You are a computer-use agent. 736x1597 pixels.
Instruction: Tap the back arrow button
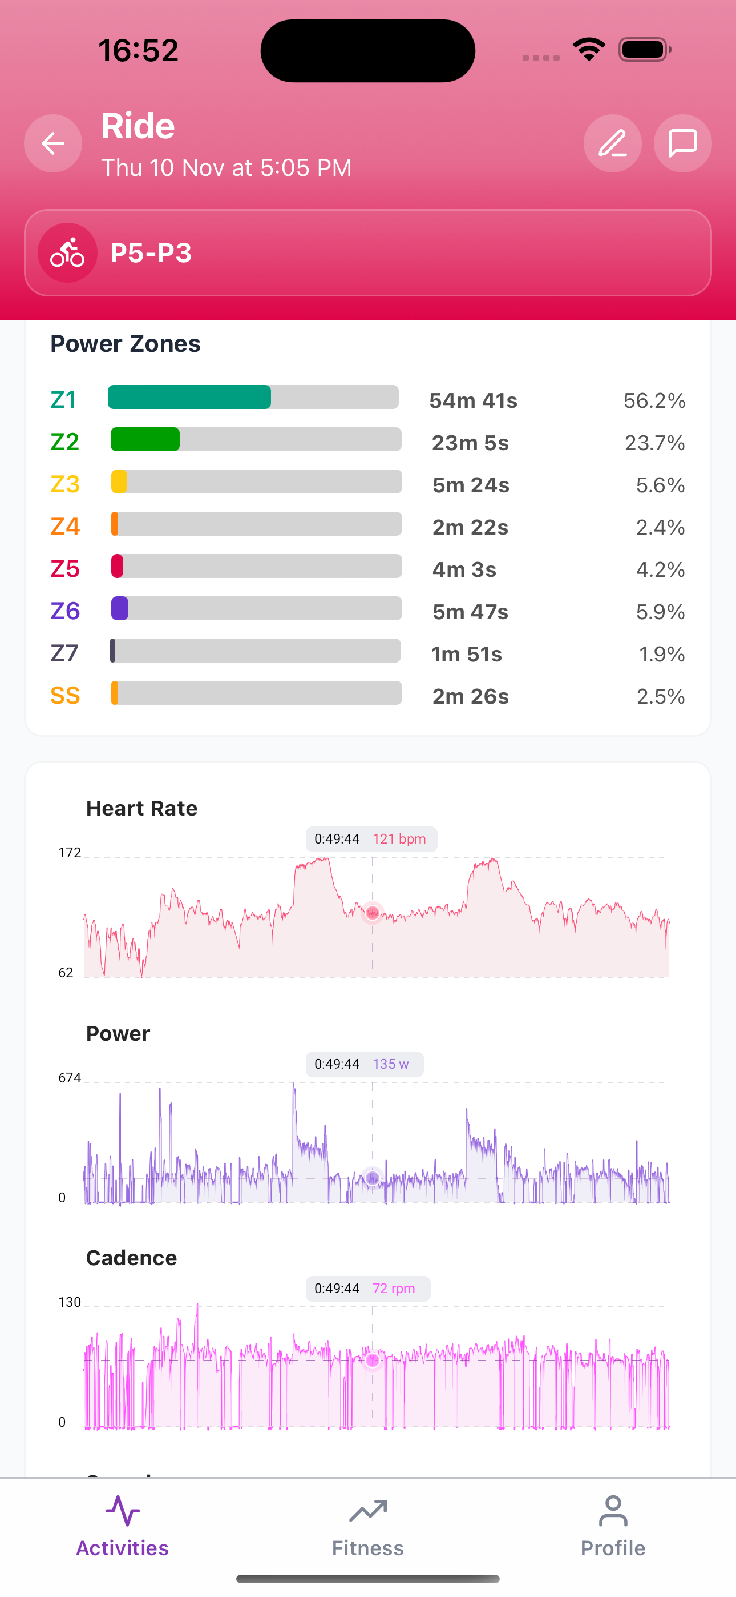pos(53,143)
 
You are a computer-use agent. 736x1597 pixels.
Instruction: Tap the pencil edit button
pos(612,143)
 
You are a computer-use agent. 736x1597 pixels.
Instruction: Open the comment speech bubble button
pos(682,143)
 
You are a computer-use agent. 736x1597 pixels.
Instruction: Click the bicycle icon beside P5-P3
pos(67,253)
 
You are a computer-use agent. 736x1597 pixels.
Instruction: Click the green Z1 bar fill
pos(189,398)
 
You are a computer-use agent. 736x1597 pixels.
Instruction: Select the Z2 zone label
pos(65,442)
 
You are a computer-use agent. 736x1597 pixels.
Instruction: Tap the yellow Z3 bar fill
pos(119,481)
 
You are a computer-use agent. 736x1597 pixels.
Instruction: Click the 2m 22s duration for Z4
pos(470,528)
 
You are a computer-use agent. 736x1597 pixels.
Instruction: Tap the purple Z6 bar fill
pos(120,609)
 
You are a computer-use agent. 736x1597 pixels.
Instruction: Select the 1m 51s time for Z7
pos(467,655)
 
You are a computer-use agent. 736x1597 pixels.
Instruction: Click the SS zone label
pos(65,696)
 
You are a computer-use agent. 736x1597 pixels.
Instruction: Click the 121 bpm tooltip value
pos(399,840)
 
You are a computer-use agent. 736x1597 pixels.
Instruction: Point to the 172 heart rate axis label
pos(70,853)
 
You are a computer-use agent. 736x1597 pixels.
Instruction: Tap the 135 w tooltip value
pos(390,1065)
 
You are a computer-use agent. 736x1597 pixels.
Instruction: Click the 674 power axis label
pos(70,1078)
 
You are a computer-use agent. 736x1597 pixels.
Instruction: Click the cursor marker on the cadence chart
pos(373,1360)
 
